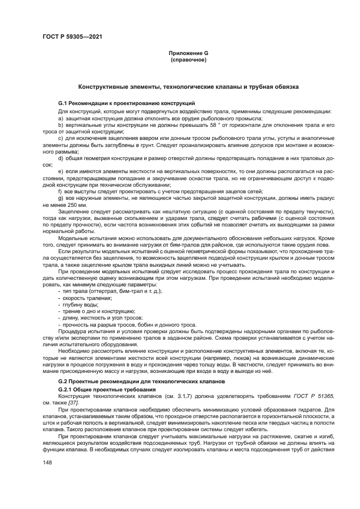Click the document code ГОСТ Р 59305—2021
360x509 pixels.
[x=72, y=36]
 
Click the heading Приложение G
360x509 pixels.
[x=188, y=53]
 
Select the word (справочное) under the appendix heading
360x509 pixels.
[x=188, y=59]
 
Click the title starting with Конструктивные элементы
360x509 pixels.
[x=188, y=87]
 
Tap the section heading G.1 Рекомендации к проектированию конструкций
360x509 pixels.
[x=127, y=103]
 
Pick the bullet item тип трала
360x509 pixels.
[x=97, y=291]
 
